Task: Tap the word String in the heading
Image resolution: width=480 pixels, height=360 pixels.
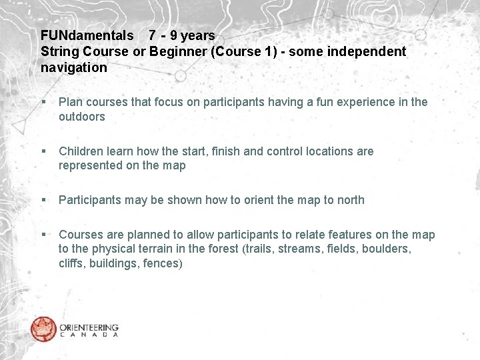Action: tap(58, 51)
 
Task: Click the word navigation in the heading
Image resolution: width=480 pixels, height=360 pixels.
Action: tap(73, 67)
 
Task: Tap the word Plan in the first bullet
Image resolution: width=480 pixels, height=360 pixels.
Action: tap(70, 102)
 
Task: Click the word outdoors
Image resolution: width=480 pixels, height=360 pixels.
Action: tap(82, 117)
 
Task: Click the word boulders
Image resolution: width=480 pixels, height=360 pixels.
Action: tap(387, 249)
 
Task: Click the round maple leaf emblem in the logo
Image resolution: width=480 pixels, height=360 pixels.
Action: tap(43, 329)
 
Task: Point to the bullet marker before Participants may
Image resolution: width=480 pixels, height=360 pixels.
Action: tap(43, 200)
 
